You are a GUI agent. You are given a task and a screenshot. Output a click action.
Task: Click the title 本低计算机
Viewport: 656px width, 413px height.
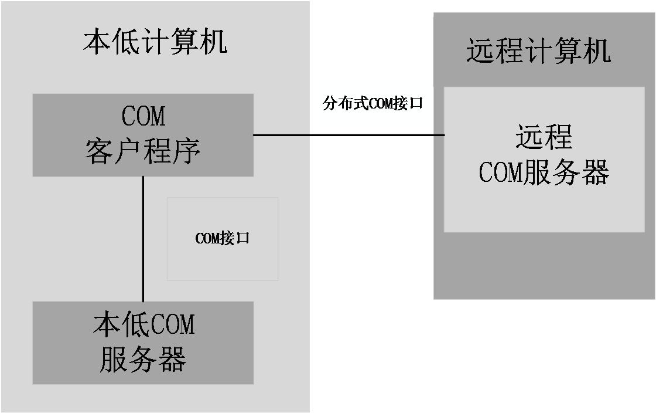click(x=155, y=43)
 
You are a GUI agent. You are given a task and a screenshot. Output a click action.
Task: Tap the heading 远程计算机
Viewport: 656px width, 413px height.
click(x=538, y=51)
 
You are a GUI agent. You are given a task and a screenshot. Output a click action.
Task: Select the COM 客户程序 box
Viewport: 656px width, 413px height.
click(x=143, y=135)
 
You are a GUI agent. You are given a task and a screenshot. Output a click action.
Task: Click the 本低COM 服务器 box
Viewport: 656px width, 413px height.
click(x=143, y=343)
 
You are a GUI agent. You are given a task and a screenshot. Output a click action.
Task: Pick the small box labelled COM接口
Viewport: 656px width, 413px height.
click(x=222, y=239)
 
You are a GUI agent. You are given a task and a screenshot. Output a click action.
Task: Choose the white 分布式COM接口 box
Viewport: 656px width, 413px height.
click(x=373, y=104)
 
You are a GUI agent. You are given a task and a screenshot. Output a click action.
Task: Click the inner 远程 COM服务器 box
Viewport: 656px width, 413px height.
click(x=544, y=159)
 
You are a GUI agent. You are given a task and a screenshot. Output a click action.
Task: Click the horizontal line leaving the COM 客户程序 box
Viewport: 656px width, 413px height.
click(x=281, y=135)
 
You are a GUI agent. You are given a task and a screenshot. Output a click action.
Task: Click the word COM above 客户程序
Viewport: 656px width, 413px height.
click(x=143, y=116)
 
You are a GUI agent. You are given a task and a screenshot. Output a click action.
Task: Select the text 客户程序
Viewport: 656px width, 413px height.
click(x=143, y=151)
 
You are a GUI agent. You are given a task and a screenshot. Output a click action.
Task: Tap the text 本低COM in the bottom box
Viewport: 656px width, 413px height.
click(x=143, y=325)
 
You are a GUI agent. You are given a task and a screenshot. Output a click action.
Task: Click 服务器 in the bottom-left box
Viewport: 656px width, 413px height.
click(x=143, y=359)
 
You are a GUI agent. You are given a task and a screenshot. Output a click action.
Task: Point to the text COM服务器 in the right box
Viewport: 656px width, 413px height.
click(x=544, y=172)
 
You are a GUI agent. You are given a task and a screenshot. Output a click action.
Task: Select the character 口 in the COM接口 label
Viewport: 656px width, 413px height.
click(x=242, y=239)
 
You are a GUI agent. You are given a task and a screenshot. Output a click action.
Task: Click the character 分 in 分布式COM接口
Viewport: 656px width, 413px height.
click(x=330, y=104)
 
